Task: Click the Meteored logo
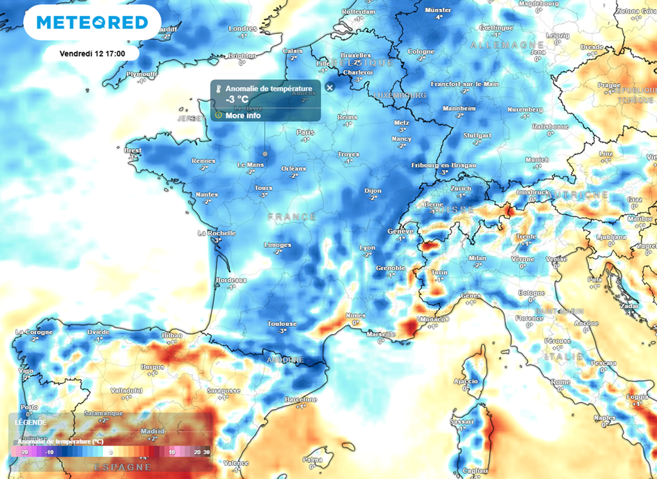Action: [x=92, y=22]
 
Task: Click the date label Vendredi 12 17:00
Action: [x=92, y=53]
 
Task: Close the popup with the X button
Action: [x=330, y=88]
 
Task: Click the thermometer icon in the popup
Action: [x=219, y=88]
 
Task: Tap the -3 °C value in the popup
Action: [x=236, y=99]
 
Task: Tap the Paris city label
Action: [x=305, y=132]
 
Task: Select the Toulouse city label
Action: [x=282, y=324]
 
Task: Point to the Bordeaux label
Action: [x=231, y=280]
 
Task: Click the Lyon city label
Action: [x=367, y=248]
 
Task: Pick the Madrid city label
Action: [x=152, y=431]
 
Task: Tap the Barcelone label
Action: [x=301, y=399]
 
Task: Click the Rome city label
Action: [x=559, y=382]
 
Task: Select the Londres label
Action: [x=243, y=29]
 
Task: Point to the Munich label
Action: [x=536, y=160]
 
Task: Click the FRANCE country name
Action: [x=292, y=217]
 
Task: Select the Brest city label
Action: [x=132, y=151]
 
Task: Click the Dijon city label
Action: [x=373, y=190]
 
